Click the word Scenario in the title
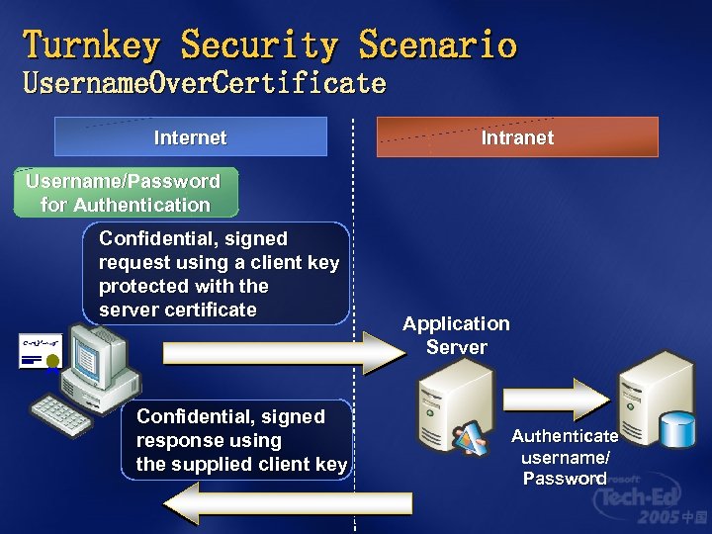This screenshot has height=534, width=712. click(437, 45)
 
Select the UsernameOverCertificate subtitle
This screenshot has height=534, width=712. click(204, 83)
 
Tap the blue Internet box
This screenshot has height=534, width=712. click(190, 137)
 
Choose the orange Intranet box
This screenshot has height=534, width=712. click(517, 137)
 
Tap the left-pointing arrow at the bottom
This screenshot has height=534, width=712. click(287, 504)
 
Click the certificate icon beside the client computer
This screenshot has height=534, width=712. click(40, 351)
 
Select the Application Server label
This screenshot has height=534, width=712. click(456, 335)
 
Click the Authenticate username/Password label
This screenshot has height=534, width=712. click(566, 457)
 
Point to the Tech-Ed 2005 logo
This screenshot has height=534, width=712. click(648, 499)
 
